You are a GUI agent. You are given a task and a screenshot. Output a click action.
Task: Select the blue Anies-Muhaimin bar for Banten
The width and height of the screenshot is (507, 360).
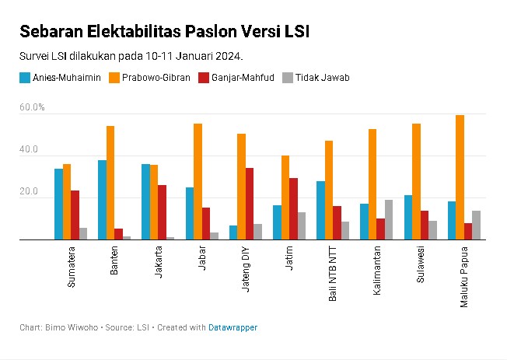click(x=102, y=200)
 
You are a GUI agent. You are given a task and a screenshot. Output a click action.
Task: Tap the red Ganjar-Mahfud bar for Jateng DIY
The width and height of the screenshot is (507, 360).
click(x=250, y=204)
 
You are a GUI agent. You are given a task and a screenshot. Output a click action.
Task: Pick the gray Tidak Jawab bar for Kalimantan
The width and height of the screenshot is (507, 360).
click(x=389, y=220)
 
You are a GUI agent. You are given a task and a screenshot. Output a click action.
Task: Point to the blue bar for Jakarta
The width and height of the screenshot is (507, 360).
click(x=145, y=202)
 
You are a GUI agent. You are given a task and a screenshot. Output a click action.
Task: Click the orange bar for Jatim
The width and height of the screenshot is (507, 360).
click(x=285, y=197)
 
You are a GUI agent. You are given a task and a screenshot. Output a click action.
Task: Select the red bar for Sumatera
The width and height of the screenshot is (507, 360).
click(x=75, y=215)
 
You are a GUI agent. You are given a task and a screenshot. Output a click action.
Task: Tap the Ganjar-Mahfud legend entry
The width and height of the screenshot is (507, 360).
click(x=237, y=78)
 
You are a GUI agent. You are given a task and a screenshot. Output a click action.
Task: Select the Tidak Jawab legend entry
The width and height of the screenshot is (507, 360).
click(x=316, y=78)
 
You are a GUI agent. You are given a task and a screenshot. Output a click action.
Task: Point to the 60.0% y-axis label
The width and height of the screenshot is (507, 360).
click(x=33, y=107)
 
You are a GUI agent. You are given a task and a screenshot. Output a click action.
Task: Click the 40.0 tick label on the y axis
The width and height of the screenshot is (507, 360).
click(x=30, y=149)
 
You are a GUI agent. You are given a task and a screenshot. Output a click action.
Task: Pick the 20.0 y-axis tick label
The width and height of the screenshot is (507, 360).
click(x=30, y=192)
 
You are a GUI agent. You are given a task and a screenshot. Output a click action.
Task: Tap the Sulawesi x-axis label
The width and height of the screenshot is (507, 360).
click(x=421, y=267)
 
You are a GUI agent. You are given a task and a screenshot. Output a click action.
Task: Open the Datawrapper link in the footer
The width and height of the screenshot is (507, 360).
click(x=233, y=328)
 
